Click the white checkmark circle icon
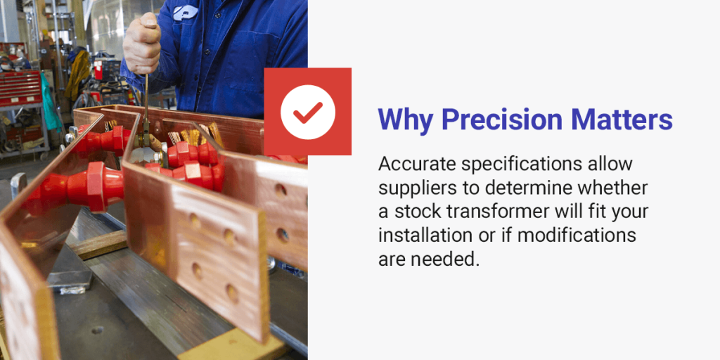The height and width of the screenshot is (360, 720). [307, 111]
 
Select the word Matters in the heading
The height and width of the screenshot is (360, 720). [628, 120]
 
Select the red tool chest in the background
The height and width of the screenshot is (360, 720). [20, 88]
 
